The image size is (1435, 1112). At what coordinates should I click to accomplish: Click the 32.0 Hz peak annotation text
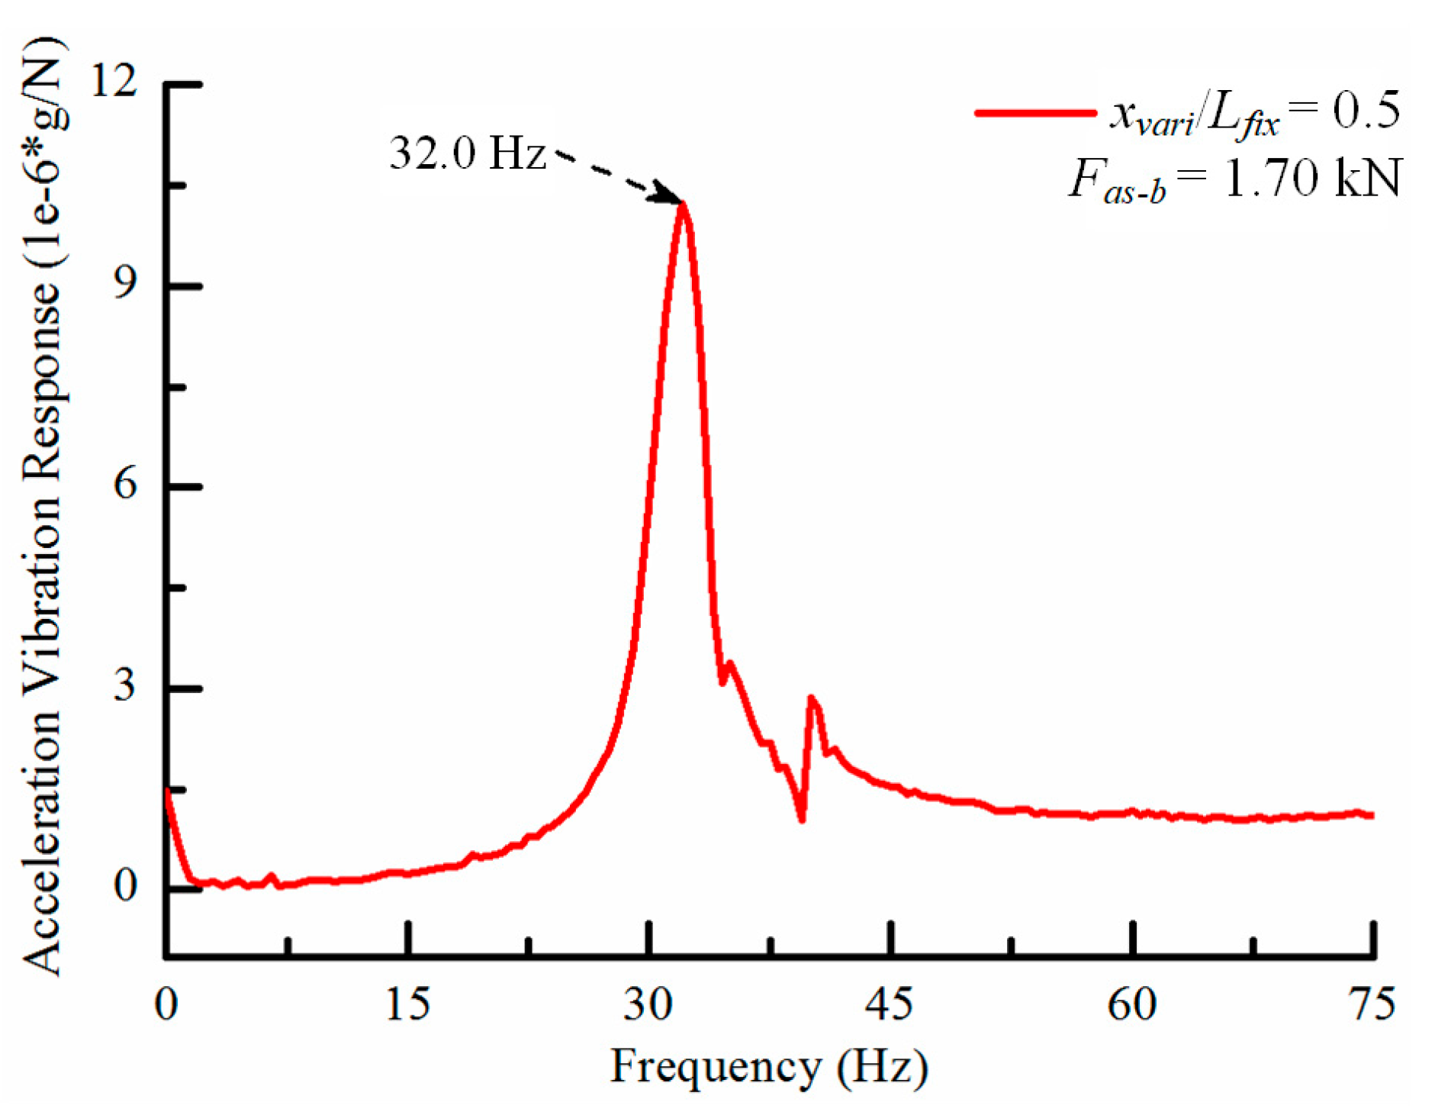467,153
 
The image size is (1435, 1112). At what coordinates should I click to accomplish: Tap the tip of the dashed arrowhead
680,202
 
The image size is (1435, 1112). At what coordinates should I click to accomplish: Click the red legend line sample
1034,113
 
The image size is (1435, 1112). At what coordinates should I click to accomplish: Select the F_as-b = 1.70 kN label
1234,180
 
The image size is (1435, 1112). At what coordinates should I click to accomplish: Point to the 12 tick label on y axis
114,79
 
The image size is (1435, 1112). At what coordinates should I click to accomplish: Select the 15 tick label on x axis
407,1004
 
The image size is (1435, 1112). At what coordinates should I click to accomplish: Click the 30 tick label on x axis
648,1004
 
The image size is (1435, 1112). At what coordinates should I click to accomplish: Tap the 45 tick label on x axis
890,1004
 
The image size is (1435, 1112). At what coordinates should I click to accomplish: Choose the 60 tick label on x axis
1131,1004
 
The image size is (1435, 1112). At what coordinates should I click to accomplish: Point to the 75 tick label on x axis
1372,1004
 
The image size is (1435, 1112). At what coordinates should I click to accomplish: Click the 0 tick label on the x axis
166,1004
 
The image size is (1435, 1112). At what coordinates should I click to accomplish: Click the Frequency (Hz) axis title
769,1066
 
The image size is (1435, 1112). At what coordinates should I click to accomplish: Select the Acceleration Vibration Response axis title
43,504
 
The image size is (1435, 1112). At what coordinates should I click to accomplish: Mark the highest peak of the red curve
684,205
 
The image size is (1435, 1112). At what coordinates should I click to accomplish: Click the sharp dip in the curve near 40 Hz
802,819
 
